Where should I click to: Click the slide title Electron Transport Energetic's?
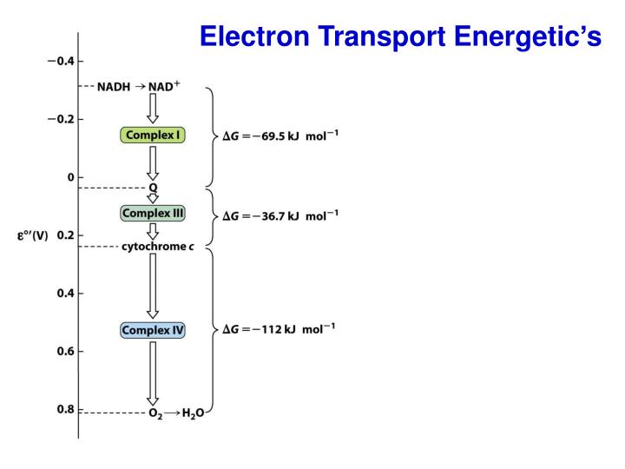pyautogui.click(x=400, y=36)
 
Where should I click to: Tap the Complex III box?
pyautogui.click(x=152, y=213)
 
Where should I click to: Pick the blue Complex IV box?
pyautogui.click(x=153, y=330)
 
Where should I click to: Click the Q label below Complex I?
pyautogui.click(x=152, y=187)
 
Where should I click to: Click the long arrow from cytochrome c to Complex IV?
pyautogui.click(x=152, y=287)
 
